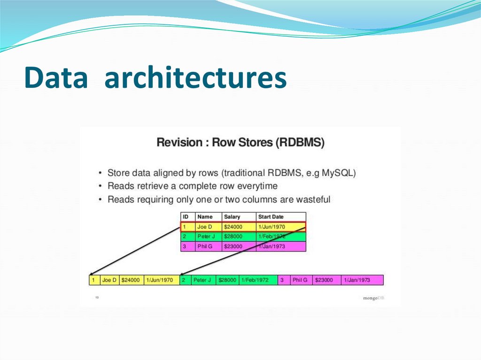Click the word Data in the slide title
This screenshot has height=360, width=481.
pos(56,78)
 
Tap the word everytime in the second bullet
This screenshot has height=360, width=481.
pos(258,186)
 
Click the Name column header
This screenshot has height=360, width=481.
pos(205,217)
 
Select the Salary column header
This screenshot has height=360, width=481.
pos(232,217)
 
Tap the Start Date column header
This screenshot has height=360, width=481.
pos(271,217)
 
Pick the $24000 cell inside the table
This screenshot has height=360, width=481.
pos(233,227)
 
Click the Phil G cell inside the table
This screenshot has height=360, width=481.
pos(205,246)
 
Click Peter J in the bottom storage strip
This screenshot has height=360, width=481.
pos(202,280)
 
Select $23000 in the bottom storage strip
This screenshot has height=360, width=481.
pos(324,280)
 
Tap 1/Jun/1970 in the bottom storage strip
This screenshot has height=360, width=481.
pos(160,280)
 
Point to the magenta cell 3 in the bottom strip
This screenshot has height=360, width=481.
pos(282,280)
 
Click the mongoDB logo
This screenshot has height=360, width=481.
pos(373,298)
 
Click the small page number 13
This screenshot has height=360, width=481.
pos(97,297)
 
